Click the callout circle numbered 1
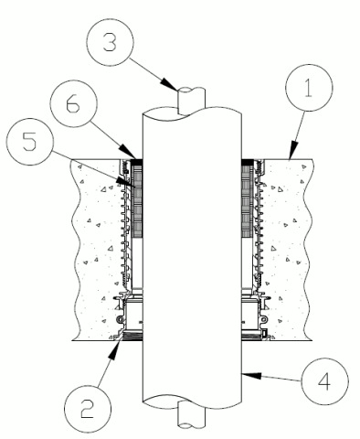309,88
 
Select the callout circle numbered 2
88,410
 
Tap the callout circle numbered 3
110,42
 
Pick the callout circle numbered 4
324,381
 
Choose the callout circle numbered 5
30,142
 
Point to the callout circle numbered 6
73,103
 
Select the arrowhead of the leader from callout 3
169,84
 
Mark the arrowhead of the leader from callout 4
251,375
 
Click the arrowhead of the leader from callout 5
125,181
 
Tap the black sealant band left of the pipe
137,162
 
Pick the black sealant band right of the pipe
248,162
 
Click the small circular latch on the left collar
121,319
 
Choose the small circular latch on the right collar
263,319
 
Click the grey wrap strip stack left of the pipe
138,201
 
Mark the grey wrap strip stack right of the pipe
247,201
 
